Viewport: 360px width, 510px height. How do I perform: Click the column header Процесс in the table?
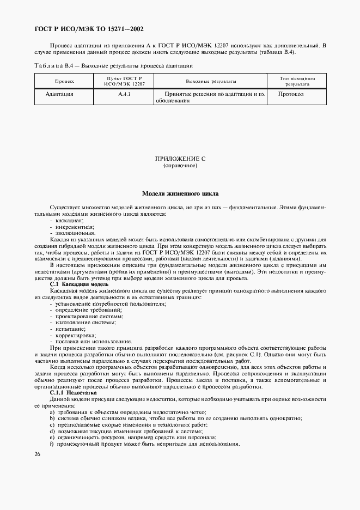[x=64, y=81]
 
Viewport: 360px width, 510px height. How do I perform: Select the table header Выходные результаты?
[x=211, y=81]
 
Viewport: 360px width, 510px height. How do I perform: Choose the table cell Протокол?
[x=291, y=94]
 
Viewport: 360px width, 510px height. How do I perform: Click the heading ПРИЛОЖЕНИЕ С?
[x=180, y=159]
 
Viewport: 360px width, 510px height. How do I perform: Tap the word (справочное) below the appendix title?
[x=180, y=166]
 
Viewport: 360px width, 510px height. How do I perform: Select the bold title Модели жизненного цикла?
[x=180, y=193]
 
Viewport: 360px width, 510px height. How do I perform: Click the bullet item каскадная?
[x=68, y=220]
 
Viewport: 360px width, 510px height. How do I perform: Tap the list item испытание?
[x=69, y=329]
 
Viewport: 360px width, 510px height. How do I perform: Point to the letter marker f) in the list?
[x=51, y=444]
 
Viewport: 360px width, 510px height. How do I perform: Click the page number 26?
[x=38, y=454]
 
